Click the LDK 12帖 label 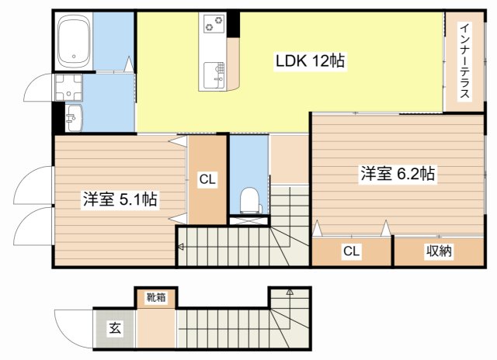[309, 60]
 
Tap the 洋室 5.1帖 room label [120, 199]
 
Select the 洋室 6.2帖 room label [396, 175]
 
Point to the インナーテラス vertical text [464, 62]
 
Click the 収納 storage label [439, 251]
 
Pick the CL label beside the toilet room [207, 180]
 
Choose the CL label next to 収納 [351, 251]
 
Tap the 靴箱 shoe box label [156, 296]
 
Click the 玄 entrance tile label [113, 327]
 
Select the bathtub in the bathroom [75, 41]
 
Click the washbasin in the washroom [73, 118]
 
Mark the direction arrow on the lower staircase [289, 293]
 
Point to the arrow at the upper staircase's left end [181, 247]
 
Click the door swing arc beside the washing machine [37, 89]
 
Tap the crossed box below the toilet [248, 221]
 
